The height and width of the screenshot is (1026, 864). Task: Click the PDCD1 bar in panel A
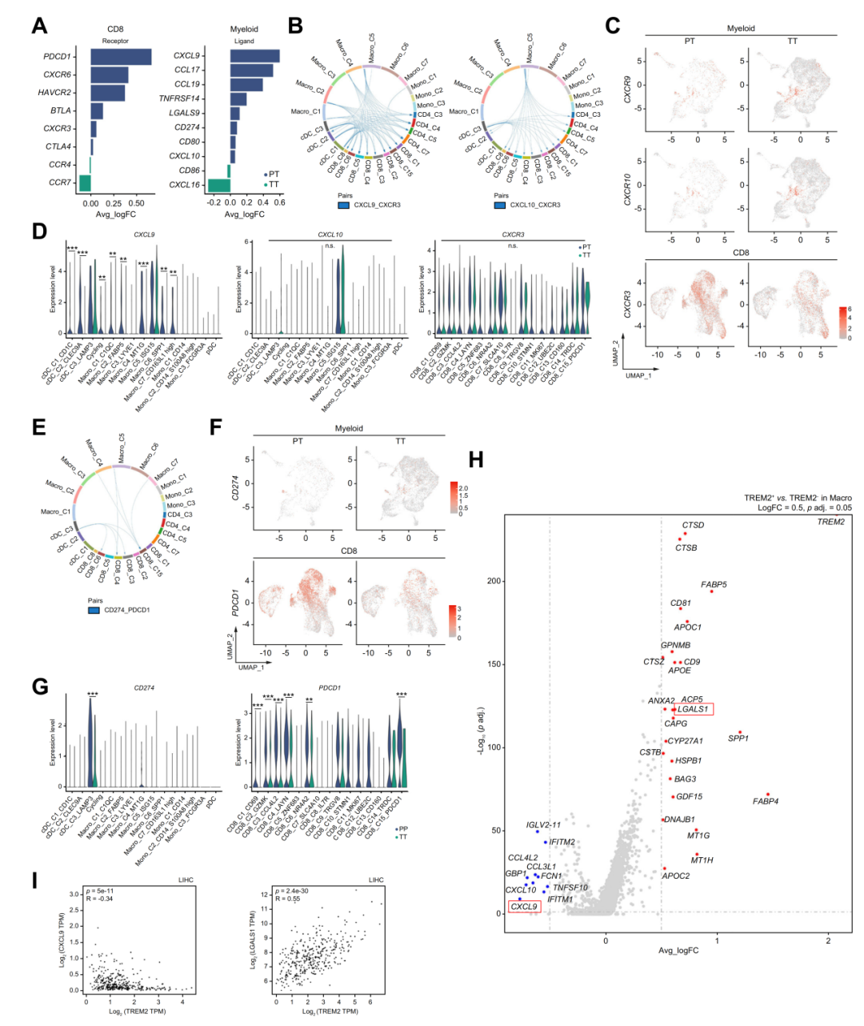point(120,57)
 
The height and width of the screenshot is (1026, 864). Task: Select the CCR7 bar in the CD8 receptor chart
point(82,182)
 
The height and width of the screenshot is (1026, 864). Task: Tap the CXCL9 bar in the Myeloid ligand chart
point(254,55)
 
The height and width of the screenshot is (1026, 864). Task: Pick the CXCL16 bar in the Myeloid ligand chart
point(218,185)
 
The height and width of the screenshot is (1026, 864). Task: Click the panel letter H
point(476,459)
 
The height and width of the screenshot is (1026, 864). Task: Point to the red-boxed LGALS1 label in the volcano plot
point(693,709)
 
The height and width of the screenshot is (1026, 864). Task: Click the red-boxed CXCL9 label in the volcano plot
point(524,907)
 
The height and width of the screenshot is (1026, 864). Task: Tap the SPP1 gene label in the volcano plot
point(738,738)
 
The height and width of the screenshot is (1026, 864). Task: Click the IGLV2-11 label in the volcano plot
point(543,825)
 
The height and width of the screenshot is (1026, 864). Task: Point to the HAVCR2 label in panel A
point(54,93)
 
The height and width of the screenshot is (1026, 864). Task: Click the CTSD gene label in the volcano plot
point(693,526)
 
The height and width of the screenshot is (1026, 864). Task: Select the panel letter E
point(38,427)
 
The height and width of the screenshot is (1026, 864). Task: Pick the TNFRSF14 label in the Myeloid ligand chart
point(179,98)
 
